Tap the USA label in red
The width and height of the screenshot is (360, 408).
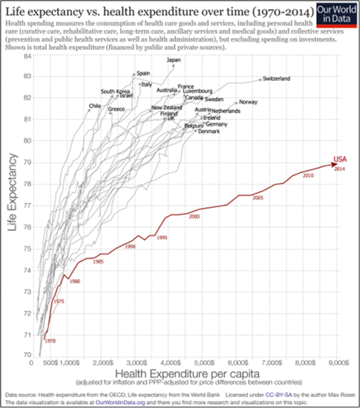point(340,159)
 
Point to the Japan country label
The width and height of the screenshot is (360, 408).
point(173,60)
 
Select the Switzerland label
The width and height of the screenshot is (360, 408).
point(277,79)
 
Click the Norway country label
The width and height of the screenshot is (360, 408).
point(248,103)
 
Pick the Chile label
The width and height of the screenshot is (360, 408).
point(94,106)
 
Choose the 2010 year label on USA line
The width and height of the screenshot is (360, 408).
point(309,175)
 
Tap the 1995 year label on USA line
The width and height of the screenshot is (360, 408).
point(161,238)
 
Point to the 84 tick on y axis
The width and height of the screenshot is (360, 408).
point(27,56)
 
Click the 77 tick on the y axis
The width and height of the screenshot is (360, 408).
point(27,205)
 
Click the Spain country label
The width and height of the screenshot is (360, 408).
point(143,73)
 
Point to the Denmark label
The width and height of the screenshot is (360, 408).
point(209,131)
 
